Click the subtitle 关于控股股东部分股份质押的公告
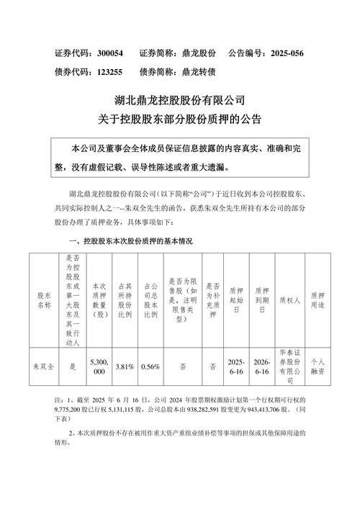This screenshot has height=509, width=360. [180, 117]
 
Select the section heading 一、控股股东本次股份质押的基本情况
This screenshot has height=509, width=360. [130, 240]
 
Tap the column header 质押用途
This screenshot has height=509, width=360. [318, 300]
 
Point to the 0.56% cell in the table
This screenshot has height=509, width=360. [151, 366]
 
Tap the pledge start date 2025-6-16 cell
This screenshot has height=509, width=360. [235, 366]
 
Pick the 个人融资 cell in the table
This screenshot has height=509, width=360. [318, 366]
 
